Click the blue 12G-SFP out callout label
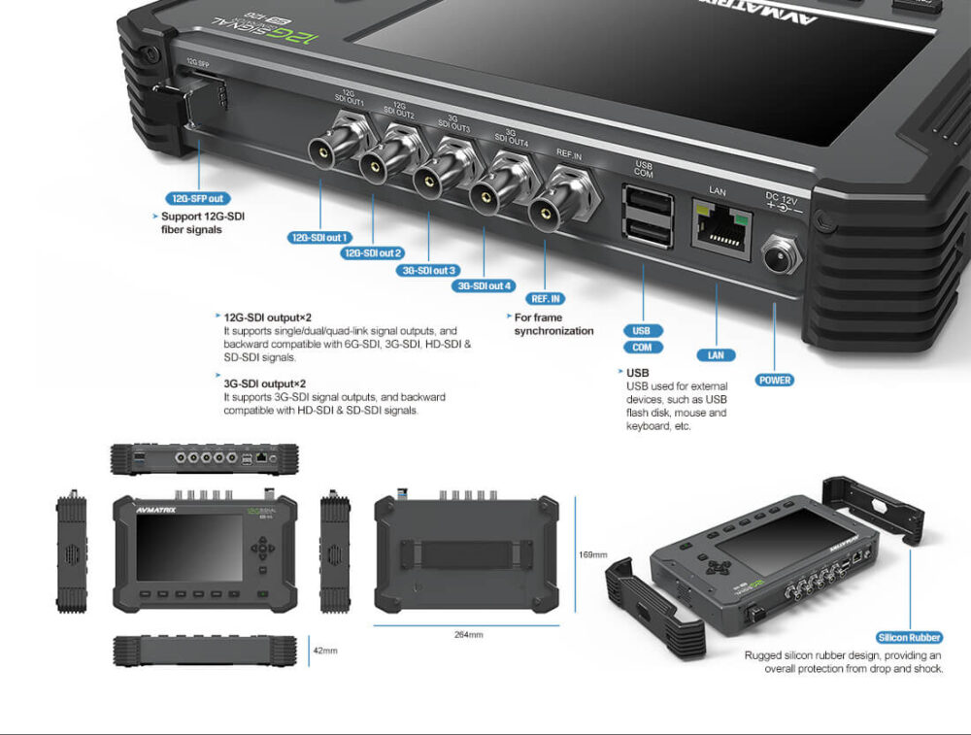[x=198, y=198]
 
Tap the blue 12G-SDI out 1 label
[x=319, y=237]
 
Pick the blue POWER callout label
[x=775, y=380]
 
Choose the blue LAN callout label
[x=716, y=355]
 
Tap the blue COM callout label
[x=643, y=348]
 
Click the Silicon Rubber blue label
[x=909, y=637]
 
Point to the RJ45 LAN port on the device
[x=718, y=226]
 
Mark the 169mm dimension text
[x=592, y=554]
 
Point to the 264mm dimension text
[x=468, y=634]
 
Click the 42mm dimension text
[x=324, y=651]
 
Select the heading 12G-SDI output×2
[x=266, y=317]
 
